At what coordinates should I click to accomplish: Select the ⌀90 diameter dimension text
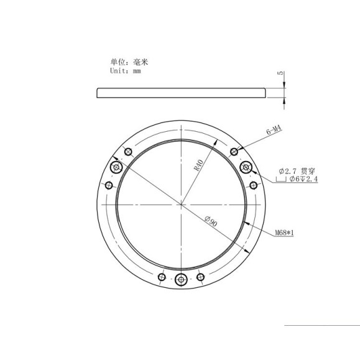coord(211,222)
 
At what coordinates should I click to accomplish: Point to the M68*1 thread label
coord(284,234)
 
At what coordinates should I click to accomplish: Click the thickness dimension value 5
coord(280,74)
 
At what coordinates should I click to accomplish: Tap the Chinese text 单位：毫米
coord(129,62)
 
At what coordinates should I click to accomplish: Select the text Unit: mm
coord(126,72)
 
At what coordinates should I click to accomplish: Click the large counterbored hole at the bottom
coord(181,280)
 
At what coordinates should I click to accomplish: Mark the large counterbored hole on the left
coord(116,168)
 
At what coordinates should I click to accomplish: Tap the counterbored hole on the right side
coord(246,167)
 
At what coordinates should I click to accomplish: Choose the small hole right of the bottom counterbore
coord(200,277)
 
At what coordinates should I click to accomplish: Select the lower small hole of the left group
coord(109,185)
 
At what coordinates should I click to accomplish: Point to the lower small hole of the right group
coord(253,185)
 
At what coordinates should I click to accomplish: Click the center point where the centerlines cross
coord(181,204)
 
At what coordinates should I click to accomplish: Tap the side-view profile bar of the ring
coord(181,93)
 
